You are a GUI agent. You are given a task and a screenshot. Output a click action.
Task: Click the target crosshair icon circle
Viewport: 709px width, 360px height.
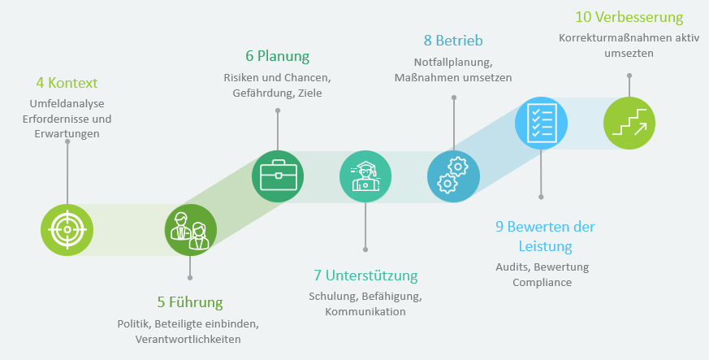(67, 230)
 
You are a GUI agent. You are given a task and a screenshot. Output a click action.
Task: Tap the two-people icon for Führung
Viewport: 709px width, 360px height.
(190, 230)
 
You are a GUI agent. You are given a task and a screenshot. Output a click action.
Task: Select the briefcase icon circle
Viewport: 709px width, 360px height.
(278, 176)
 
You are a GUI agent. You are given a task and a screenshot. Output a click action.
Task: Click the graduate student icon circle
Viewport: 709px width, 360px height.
(365, 176)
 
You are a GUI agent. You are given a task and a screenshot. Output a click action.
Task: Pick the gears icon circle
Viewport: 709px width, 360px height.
(453, 176)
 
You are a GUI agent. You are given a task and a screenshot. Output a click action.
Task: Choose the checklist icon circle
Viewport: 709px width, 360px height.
(541, 123)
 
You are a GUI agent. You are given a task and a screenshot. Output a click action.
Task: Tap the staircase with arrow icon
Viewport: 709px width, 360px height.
(629, 123)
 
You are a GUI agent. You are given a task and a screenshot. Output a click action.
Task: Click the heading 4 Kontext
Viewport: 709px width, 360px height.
(67, 83)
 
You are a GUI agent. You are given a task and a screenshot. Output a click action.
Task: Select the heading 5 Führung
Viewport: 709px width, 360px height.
(190, 301)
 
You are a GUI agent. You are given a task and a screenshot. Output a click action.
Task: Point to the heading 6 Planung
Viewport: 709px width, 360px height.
(278, 56)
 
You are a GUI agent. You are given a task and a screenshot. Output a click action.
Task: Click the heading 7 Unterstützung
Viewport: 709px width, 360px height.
(365, 275)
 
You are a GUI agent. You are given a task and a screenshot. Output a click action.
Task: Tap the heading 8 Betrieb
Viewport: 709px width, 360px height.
(453, 41)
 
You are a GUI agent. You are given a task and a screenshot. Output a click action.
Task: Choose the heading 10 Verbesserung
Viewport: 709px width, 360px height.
(629, 17)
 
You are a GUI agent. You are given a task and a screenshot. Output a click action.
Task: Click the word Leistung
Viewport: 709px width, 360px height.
(545, 246)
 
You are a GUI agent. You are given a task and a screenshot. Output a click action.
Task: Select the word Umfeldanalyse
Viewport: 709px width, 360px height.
(67, 103)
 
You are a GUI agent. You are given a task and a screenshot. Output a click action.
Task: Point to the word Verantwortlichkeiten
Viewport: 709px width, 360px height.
(188, 339)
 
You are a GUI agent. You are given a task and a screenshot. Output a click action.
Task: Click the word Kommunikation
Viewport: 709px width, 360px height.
(365, 311)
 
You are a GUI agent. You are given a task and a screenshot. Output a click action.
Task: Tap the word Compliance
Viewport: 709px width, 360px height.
(543, 283)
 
